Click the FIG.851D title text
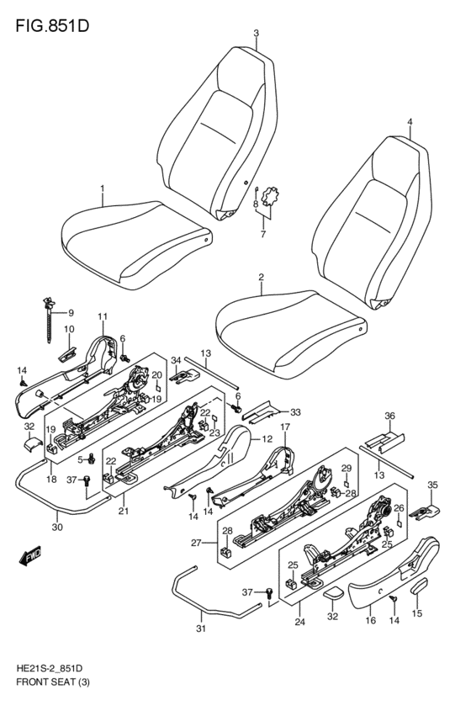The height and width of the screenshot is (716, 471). [52, 26]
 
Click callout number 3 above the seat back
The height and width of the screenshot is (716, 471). [256, 33]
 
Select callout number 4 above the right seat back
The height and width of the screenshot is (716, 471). [410, 122]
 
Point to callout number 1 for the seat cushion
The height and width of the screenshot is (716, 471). [103, 188]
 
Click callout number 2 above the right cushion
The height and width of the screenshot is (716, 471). [261, 277]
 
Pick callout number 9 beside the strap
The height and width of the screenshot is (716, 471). [71, 313]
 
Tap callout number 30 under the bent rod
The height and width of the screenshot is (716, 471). [57, 527]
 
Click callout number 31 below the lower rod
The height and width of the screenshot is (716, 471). [201, 628]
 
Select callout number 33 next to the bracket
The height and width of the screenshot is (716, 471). [295, 412]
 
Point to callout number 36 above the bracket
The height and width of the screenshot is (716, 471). [389, 416]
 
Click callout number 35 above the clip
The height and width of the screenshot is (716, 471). [432, 485]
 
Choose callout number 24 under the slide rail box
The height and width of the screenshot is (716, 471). [299, 622]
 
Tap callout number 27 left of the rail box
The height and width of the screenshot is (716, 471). [196, 543]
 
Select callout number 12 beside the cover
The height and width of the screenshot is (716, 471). [267, 439]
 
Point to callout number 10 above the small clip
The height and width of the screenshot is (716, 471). [68, 329]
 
